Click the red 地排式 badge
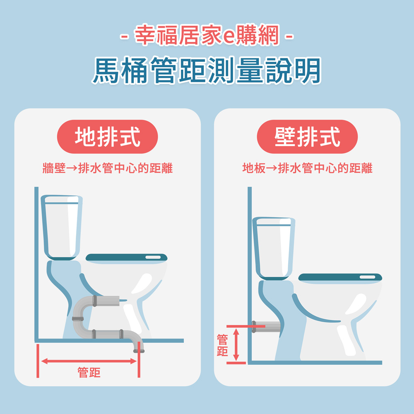(x=108, y=137)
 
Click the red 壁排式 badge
(x=307, y=137)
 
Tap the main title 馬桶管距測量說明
(x=207, y=70)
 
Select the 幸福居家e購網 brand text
(x=207, y=35)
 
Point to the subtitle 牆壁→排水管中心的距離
(x=108, y=168)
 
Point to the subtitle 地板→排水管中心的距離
(x=307, y=168)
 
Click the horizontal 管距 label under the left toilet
(x=89, y=373)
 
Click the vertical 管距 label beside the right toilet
(x=222, y=345)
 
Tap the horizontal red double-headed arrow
(x=89, y=361)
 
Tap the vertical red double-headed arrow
(x=236, y=344)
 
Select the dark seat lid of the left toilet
(x=126, y=258)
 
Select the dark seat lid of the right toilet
(x=340, y=277)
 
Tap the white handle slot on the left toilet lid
(x=153, y=257)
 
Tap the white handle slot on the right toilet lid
(x=368, y=277)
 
